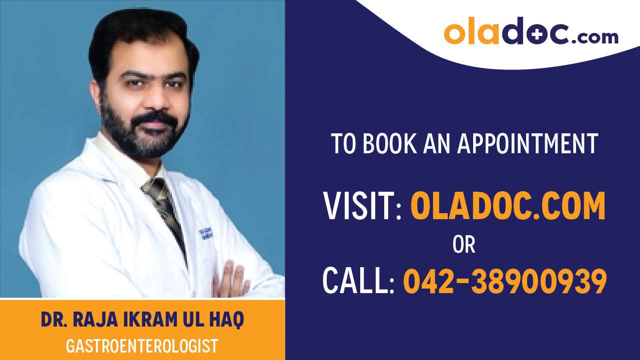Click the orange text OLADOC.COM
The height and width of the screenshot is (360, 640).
508,206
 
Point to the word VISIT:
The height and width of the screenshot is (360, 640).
363,206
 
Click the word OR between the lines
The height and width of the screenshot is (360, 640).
464,245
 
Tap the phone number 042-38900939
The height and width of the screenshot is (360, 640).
505,281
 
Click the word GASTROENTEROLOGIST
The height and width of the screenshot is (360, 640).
142,345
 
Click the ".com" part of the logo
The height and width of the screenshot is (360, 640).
596,36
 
